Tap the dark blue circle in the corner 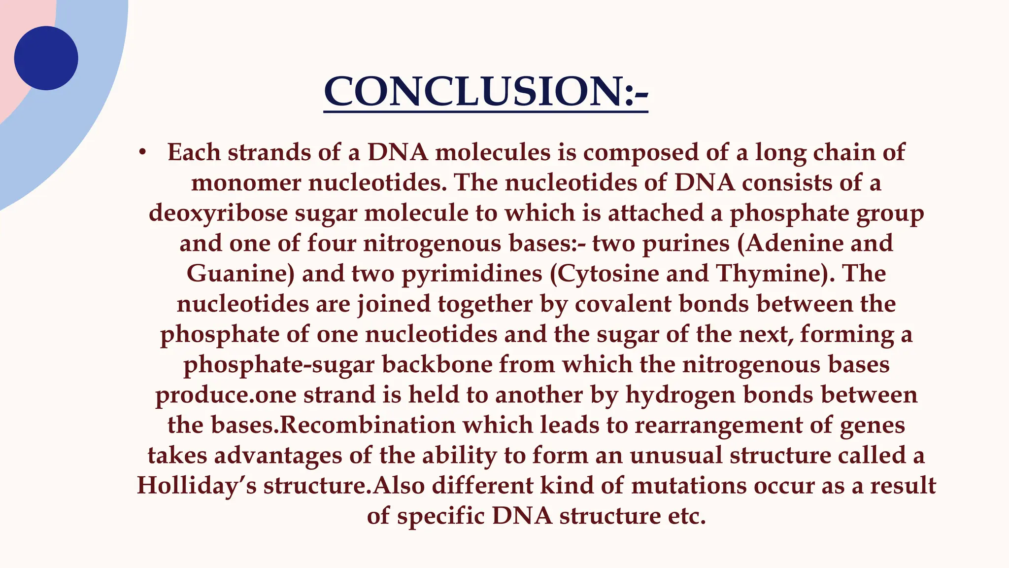tap(46, 58)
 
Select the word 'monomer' tap(246, 183)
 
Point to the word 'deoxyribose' tap(218, 213)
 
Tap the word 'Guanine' tap(240, 274)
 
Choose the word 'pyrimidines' tap(472, 274)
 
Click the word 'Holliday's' tap(197, 486)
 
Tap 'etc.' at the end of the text tap(687, 517)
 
